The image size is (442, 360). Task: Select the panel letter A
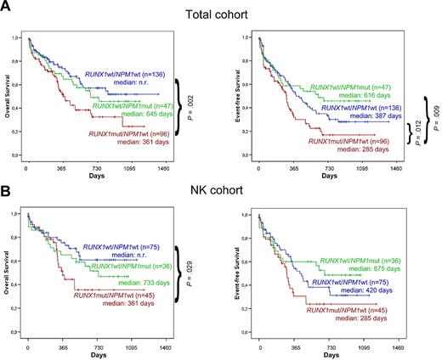8,8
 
